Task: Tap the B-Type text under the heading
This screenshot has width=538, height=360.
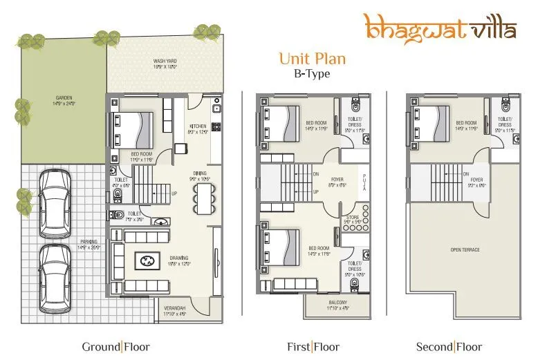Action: point(312,73)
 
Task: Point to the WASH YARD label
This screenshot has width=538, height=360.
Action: point(165,61)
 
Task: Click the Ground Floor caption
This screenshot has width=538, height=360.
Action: point(115,347)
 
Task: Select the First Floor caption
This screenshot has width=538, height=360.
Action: point(312,347)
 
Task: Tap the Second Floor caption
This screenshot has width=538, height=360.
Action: point(449,347)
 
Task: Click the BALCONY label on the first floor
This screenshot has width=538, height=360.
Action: point(339,307)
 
